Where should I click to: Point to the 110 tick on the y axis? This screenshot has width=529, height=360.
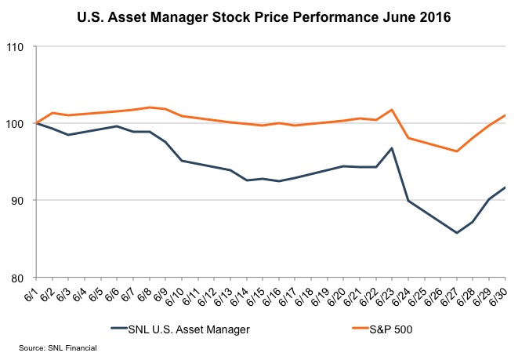click(x=16, y=47)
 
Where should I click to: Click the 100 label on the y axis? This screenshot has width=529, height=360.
click(x=16, y=124)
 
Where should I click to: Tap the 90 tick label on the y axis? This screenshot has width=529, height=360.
click(x=18, y=201)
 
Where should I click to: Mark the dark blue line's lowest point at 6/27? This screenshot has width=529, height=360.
click(x=456, y=233)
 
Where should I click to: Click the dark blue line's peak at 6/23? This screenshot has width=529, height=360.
click(x=391, y=148)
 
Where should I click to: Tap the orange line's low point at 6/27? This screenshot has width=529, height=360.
click(x=456, y=151)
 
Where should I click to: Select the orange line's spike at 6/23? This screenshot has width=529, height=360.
click(x=391, y=110)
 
